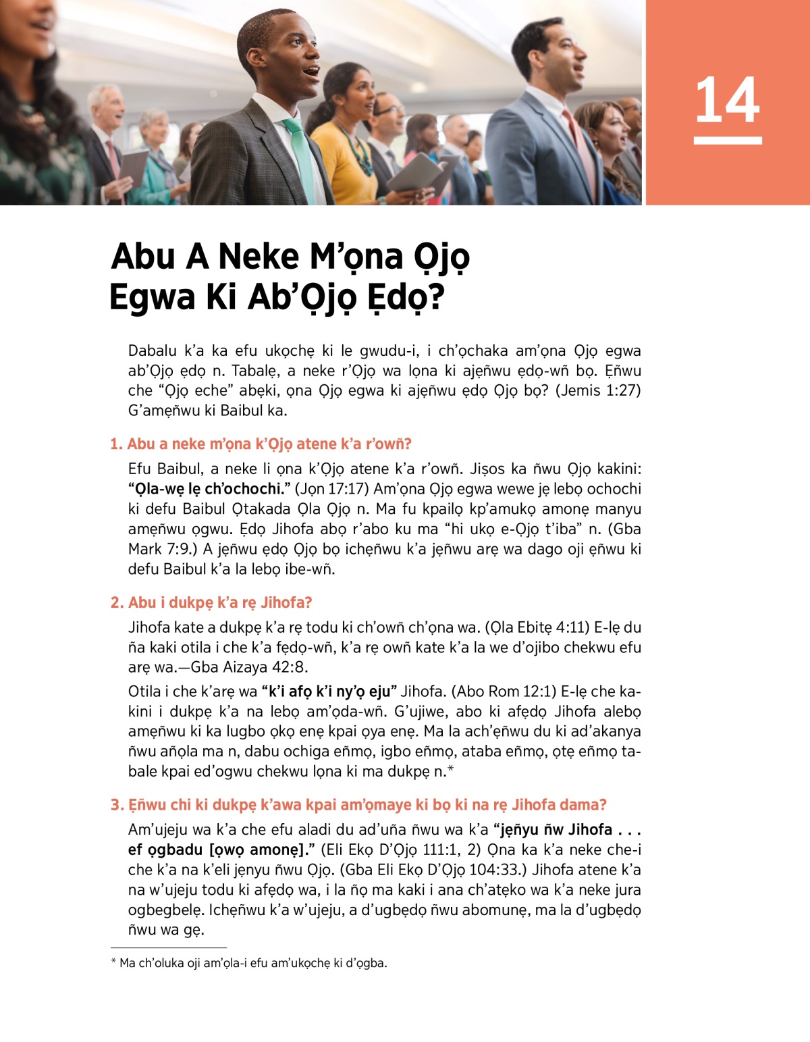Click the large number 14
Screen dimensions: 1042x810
(x=727, y=100)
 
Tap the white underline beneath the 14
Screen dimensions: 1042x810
(x=727, y=140)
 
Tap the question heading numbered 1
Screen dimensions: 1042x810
(x=261, y=444)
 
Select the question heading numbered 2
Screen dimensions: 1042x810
(x=211, y=602)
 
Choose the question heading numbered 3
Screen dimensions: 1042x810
(x=358, y=804)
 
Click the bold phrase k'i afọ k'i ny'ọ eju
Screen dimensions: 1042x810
(x=329, y=691)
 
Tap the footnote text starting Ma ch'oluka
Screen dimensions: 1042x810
(x=250, y=963)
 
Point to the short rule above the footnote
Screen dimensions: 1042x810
(x=168, y=948)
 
